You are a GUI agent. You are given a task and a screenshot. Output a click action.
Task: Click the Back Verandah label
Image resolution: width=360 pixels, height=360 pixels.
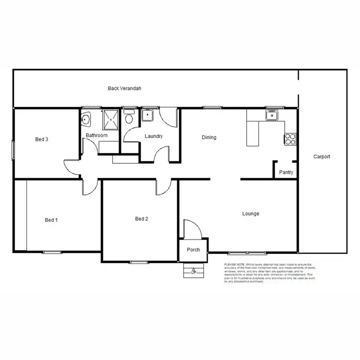point(124,88)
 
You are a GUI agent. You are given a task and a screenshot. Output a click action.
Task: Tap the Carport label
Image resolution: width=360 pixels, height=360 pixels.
point(322,156)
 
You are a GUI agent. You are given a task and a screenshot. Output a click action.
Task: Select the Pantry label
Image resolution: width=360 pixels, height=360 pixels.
point(286,172)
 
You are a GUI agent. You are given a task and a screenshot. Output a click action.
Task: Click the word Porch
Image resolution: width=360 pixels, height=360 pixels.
point(193,250)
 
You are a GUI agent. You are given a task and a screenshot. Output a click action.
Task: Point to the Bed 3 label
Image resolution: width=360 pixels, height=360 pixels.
point(42,140)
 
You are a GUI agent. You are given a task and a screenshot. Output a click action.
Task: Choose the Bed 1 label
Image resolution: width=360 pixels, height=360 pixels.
point(51,220)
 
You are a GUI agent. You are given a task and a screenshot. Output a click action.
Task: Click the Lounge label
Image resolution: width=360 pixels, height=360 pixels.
point(251,214)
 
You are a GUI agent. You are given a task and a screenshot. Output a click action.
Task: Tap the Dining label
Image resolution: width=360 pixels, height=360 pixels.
point(209,137)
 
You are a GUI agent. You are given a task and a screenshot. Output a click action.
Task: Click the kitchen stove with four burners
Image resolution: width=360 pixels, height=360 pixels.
point(290,139)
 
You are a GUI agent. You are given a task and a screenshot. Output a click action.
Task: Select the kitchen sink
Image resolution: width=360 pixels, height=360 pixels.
point(272,115)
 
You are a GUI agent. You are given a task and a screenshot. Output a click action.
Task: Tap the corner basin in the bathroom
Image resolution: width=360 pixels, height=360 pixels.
point(86,119)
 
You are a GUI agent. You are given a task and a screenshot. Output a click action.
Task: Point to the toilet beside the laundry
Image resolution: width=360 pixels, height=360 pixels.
point(129,118)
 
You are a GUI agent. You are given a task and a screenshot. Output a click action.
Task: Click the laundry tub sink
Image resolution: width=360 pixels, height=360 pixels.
point(146,115)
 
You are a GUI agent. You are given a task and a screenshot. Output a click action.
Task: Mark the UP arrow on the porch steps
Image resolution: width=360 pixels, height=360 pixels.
point(193,271)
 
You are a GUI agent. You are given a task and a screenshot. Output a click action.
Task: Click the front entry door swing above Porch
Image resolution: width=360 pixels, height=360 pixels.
point(191,229)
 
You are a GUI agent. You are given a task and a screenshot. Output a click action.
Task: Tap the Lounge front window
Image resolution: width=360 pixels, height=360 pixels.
point(247,252)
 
